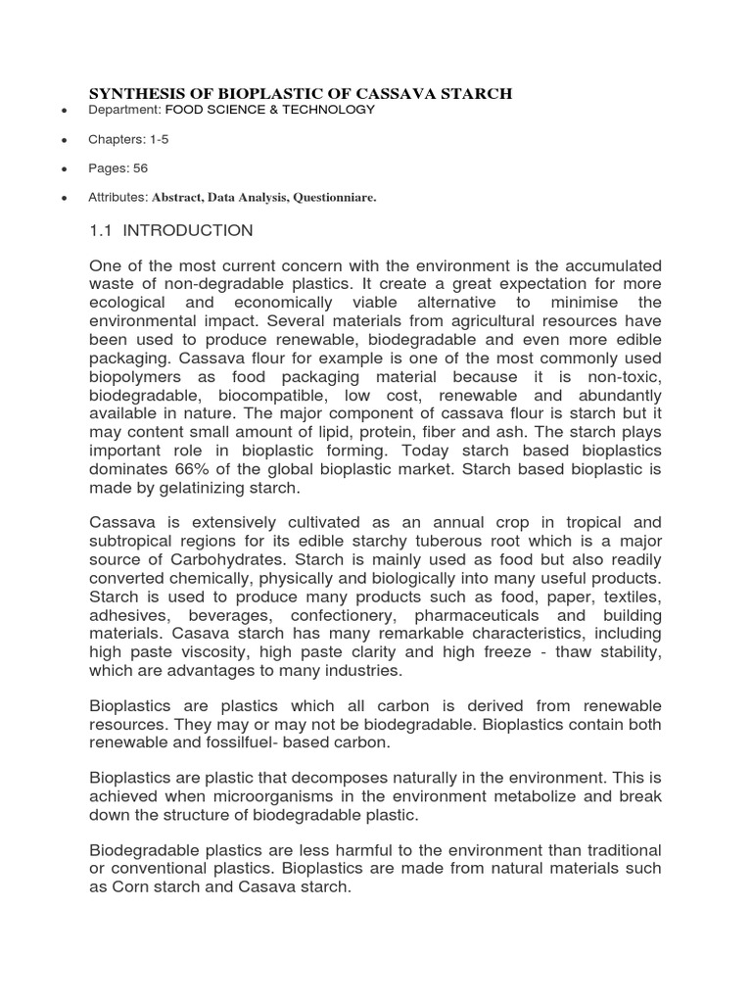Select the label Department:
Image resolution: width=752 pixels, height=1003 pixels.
[124, 111]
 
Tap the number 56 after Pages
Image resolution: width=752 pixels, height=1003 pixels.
[141, 168]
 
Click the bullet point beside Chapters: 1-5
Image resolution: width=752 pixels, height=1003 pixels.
[64, 141]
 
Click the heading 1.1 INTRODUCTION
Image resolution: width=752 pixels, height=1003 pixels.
[171, 231]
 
